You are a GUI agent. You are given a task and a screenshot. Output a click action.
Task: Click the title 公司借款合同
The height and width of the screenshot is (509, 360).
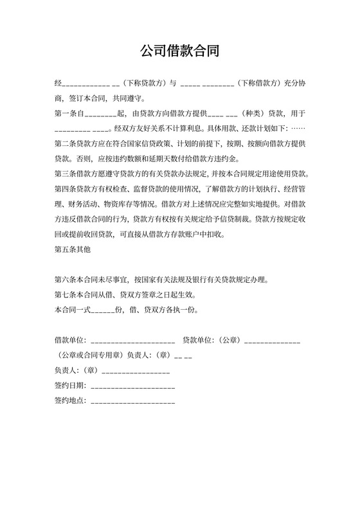pyautogui.click(x=179, y=51)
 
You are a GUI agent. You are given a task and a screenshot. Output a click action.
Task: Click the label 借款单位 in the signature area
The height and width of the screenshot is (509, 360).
pyautogui.click(x=70, y=339)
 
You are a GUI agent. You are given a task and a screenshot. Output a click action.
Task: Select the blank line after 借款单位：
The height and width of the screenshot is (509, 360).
pyautogui.click(x=134, y=340)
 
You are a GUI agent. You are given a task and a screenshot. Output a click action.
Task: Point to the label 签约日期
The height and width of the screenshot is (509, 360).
pyautogui.click(x=70, y=386)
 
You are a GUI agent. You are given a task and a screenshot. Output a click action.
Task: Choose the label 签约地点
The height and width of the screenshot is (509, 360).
pyautogui.click(x=70, y=401)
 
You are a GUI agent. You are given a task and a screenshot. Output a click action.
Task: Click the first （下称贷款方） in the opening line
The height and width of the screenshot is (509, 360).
pyautogui.click(x=144, y=84)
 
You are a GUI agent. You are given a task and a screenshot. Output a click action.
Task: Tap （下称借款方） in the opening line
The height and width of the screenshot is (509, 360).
pyautogui.click(x=259, y=84)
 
